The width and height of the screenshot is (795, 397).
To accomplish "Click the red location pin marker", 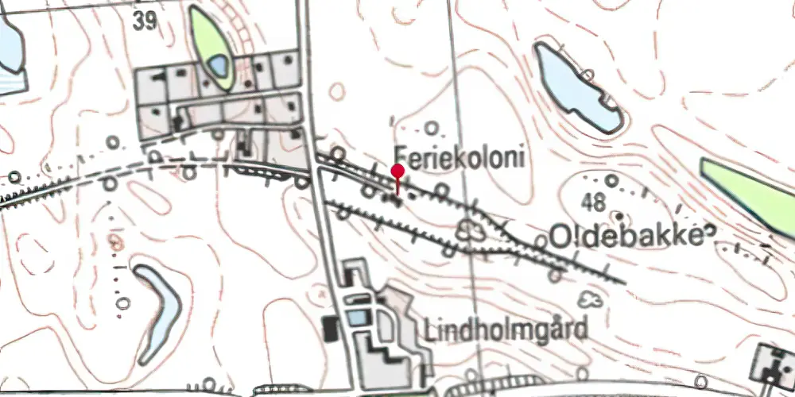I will point(397,172).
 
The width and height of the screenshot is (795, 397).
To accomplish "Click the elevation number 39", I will point(145,21).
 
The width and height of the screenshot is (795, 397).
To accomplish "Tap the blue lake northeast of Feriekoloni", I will point(574,88).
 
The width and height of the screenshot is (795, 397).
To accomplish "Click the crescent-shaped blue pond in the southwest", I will point(161,310).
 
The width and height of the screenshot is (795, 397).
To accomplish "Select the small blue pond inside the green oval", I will point(217,65).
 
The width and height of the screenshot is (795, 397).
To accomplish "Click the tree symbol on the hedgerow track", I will point(470,231).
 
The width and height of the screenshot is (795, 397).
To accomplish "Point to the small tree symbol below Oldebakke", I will point(590,299).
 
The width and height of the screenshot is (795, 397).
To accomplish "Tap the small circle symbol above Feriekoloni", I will point(433,127).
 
